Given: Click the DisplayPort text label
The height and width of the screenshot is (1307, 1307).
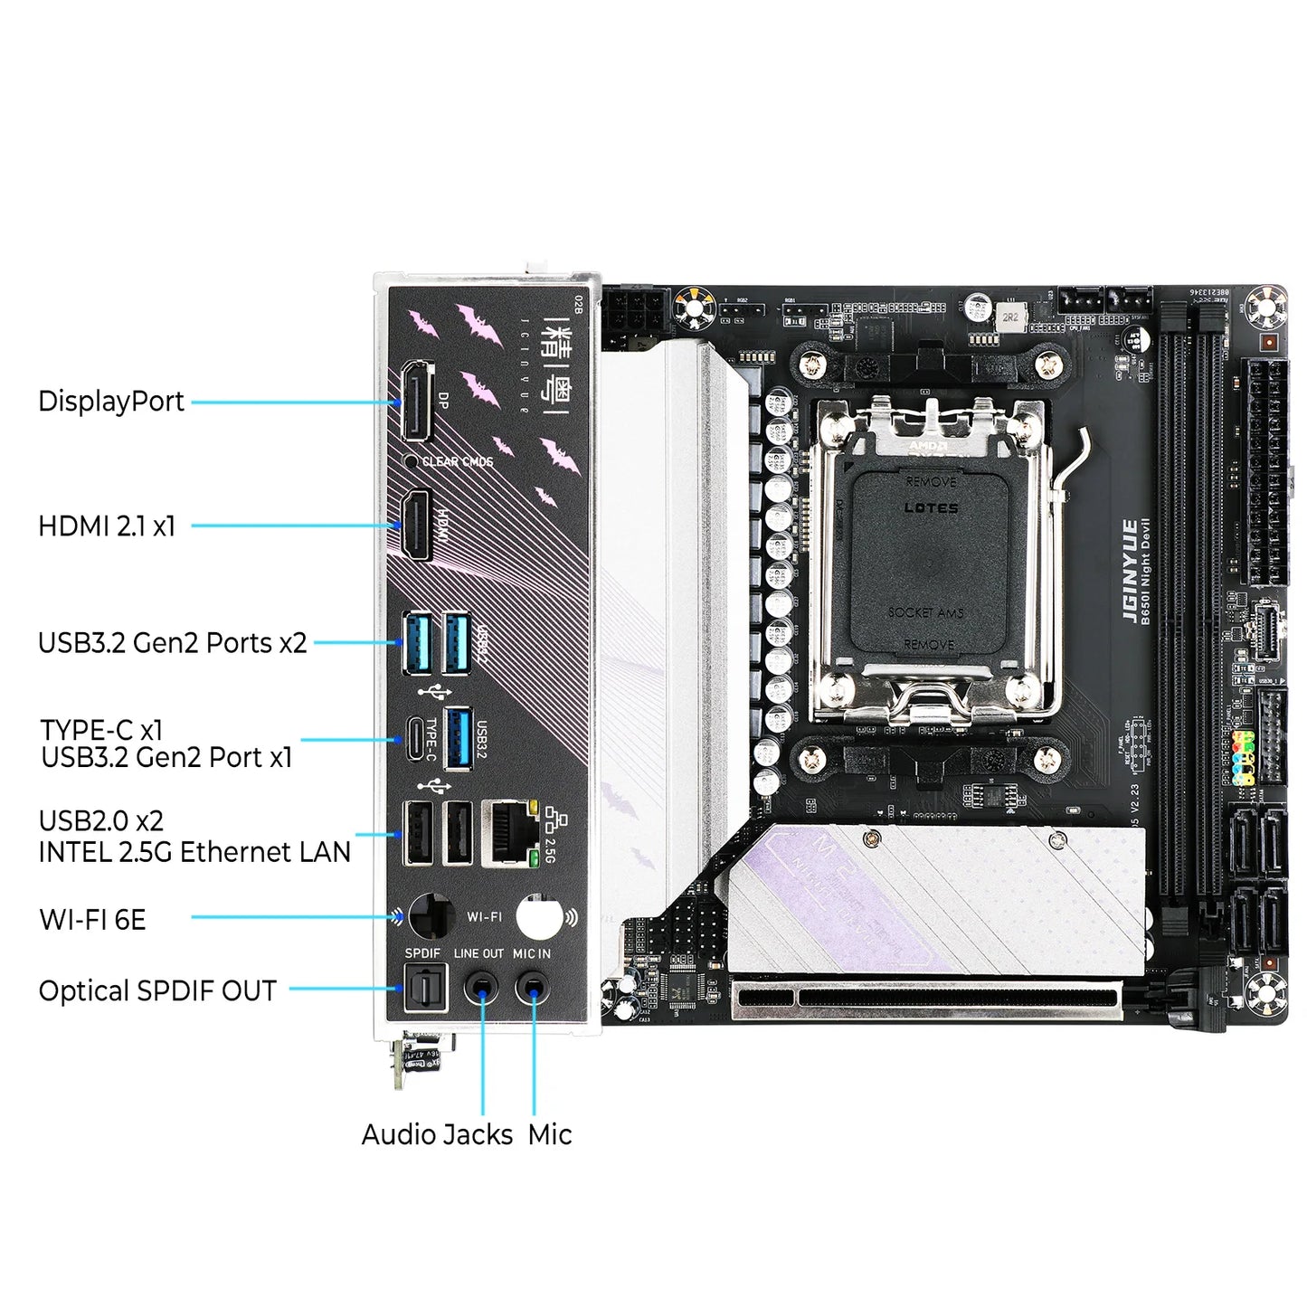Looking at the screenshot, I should coord(111,402).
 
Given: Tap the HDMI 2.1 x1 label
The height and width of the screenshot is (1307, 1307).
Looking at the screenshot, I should coord(107,526).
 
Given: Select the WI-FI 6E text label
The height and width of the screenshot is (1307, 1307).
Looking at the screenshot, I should coord(92,920).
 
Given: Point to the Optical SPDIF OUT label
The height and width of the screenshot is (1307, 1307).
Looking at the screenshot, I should coord(157,991).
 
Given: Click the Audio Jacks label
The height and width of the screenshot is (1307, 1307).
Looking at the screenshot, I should coord(437,1134).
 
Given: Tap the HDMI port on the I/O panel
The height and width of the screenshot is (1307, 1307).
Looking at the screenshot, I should coord(416,525).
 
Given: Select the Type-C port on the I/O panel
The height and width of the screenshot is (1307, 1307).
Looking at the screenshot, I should coord(415,738).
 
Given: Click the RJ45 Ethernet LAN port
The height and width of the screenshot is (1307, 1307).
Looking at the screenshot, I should coord(510,833).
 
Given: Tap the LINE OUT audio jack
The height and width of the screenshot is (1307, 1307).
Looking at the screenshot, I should coord(481,988).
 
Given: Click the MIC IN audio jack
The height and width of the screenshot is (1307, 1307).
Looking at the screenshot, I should coord(533,988).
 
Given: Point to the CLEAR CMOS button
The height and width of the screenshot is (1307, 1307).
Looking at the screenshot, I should coord(412,461).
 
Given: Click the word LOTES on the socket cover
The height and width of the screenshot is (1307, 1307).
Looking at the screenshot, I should coord(931,508).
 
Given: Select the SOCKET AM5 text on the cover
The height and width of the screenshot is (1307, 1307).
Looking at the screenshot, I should coord(925,612).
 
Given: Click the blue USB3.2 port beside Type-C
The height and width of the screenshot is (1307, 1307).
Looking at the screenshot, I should coord(459,738).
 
